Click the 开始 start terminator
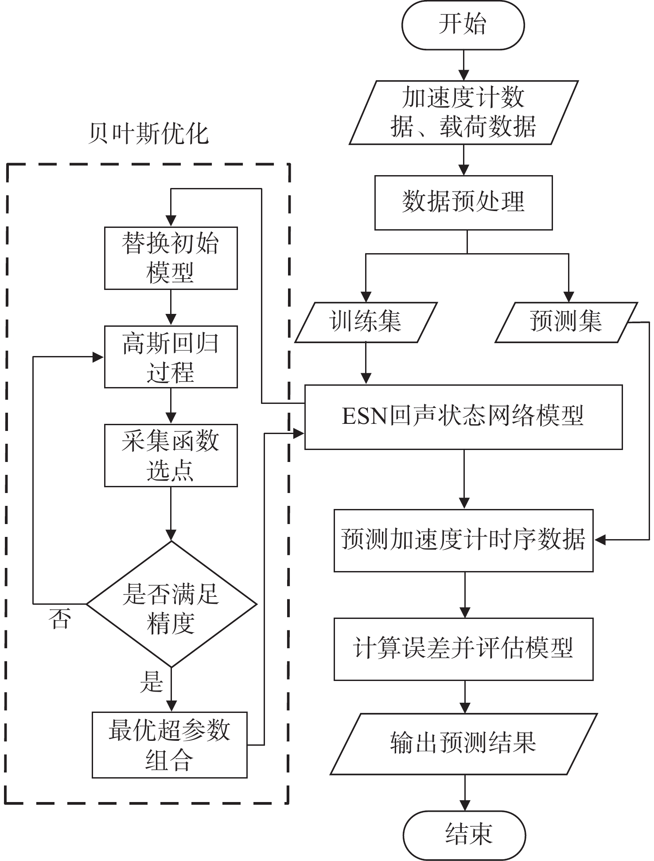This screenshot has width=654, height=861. (x=463, y=24)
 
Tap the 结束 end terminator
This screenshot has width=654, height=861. (x=464, y=835)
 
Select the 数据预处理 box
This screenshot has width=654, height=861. (x=463, y=203)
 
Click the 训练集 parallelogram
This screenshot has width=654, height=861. (x=366, y=322)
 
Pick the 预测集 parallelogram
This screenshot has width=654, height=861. (x=566, y=322)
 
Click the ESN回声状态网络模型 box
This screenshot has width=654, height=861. (x=463, y=417)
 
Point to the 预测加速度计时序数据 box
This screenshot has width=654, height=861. (x=463, y=540)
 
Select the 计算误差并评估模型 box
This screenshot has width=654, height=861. (x=463, y=649)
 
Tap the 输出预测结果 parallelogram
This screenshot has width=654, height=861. (x=463, y=744)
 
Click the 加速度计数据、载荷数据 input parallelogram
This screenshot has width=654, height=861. (x=463, y=112)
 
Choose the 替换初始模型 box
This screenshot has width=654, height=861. (x=171, y=258)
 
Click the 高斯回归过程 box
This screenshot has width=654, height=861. (x=171, y=357)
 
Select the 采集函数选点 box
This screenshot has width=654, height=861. (x=171, y=455)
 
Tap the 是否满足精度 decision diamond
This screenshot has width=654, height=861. (x=171, y=604)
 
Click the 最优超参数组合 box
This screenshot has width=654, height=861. (x=169, y=745)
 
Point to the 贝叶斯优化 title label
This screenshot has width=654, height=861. (x=148, y=133)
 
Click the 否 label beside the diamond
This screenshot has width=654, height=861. (x=60, y=619)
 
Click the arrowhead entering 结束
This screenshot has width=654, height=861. (x=464, y=805)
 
